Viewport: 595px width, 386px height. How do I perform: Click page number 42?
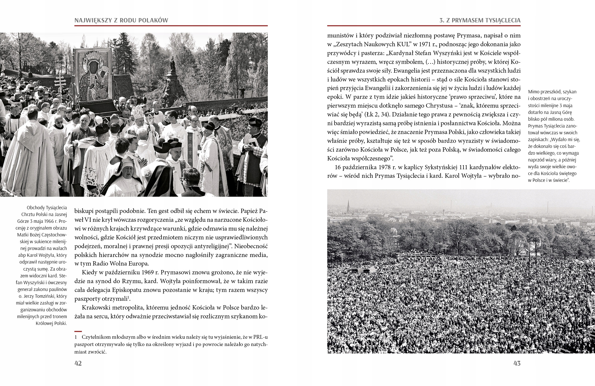tap(78, 363)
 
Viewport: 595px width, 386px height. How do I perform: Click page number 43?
tap(517, 363)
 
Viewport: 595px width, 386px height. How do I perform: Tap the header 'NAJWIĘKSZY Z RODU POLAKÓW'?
tap(121, 21)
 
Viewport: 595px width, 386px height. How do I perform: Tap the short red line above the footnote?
tap(78, 331)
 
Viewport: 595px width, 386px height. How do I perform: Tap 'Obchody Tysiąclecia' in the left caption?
tap(47, 208)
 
